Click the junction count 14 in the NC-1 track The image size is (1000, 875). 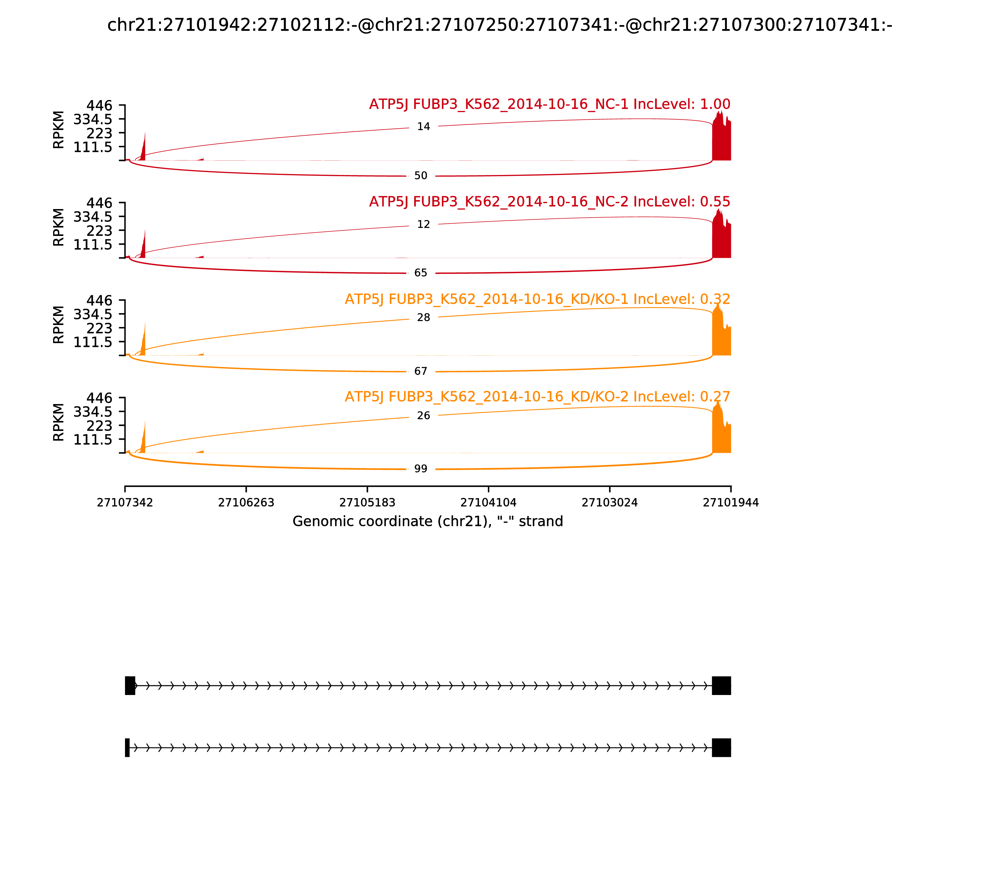[423, 127]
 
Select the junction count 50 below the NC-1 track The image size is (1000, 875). [420, 176]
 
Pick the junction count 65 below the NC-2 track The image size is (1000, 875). [420, 273]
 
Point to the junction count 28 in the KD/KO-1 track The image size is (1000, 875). [423, 318]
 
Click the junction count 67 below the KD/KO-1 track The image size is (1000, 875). [420, 372]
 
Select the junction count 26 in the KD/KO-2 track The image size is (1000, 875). [423, 416]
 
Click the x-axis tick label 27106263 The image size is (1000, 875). [246, 503]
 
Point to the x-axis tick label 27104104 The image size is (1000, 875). [488, 503]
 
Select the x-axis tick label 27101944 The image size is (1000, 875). [731, 503]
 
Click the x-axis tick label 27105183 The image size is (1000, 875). [367, 503]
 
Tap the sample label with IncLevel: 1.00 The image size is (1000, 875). [549, 104]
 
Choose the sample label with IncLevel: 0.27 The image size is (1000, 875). [537, 397]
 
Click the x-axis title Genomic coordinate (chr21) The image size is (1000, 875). [428, 522]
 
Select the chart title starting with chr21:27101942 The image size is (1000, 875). [499, 25]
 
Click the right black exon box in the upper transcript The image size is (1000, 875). [721, 686]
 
